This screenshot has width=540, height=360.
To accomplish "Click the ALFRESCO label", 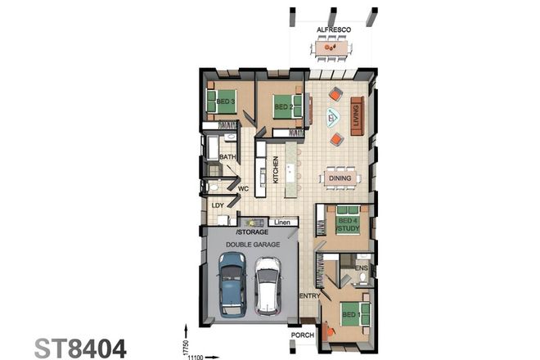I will coord(333,29).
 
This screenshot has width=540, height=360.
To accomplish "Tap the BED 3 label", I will coord(226,101).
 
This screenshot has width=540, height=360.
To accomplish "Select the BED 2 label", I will coord(283,107).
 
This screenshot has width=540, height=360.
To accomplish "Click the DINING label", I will coord(339,178).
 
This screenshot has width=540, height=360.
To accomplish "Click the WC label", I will coord(243,189).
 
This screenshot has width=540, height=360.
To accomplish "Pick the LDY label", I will coord(218,205).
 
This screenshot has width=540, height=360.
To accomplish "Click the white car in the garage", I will coord(267,286).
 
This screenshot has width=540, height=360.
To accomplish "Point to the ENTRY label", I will coord(309,295).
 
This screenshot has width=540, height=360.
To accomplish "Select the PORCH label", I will coord(303,336).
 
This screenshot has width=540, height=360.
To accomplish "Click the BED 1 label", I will coord(349,315).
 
